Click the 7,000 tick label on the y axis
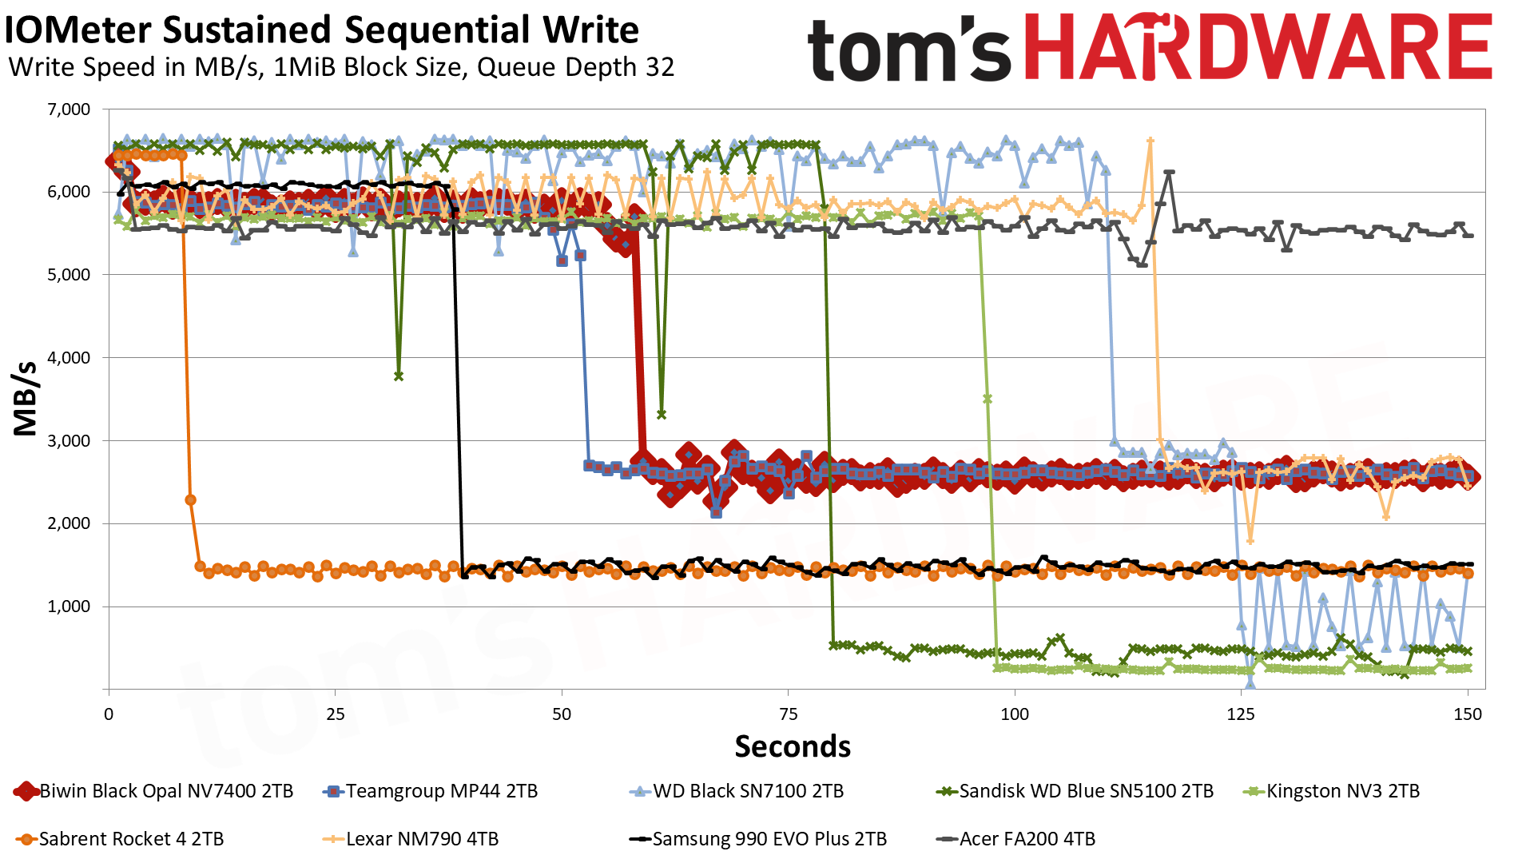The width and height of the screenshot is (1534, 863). click(70, 109)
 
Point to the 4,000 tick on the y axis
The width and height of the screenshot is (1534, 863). click(70, 358)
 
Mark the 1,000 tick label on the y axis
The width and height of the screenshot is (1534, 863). click(70, 606)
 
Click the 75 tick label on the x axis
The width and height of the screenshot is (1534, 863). click(788, 714)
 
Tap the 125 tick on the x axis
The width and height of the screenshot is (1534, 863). click(1241, 714)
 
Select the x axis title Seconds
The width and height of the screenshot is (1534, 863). click(793, 746)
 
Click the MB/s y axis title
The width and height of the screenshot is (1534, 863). click(26, 398)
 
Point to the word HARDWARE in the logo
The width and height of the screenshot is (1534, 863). click(1258, 48)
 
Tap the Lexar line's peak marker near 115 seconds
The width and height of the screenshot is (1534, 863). click(1150, 141)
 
